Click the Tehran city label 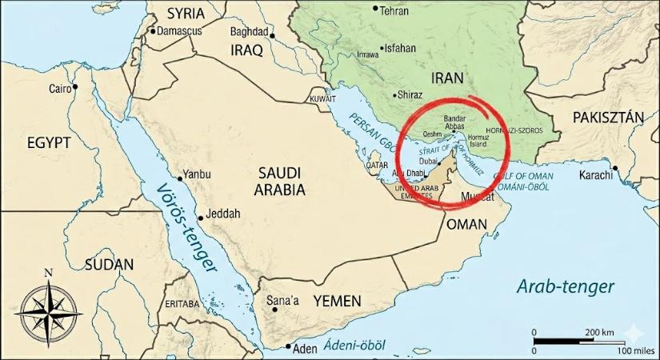tap(394, 11)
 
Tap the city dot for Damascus tap(152, 31)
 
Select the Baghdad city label tap(249, 32)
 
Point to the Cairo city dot tap(75, 86)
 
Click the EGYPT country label tap(49, 143)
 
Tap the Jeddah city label tap(223, 214)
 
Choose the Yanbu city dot tap(178, 178)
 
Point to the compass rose tap(46, 310)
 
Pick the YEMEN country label tap(337, 302)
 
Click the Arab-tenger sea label tap(565, 286)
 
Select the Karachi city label tap(595, 174)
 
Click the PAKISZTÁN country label tap(608, 118)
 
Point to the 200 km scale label tap(598, 332)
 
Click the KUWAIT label tap(322, 99)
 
